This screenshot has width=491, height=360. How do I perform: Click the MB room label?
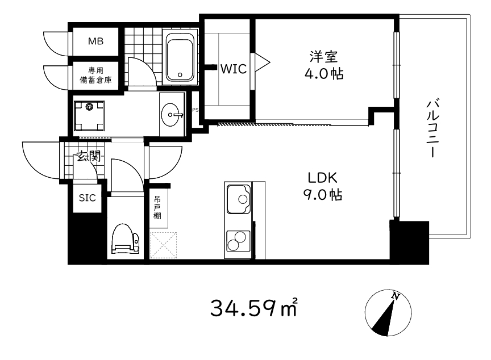95,41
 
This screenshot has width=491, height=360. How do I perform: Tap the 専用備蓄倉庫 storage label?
96,75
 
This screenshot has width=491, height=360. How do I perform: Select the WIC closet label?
234,69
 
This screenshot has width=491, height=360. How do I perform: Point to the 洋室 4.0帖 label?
324,65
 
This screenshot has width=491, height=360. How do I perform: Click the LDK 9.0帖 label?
323,186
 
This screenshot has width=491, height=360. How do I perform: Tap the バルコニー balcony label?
432,128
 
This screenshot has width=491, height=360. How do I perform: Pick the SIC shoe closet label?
87,198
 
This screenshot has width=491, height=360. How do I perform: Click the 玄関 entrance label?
89,156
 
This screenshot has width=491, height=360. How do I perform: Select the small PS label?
195,110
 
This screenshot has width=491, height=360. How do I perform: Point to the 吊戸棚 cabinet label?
157,207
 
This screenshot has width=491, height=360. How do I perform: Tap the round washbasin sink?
170,115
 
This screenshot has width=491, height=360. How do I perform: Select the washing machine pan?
89,116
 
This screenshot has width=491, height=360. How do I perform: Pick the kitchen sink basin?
239,199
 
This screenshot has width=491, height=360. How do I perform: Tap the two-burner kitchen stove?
238,241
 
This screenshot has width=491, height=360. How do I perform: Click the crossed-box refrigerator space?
163,245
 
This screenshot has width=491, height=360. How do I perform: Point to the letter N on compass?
396,296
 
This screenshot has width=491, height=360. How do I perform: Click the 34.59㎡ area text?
253,308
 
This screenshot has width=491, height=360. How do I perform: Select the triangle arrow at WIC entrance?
262,63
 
